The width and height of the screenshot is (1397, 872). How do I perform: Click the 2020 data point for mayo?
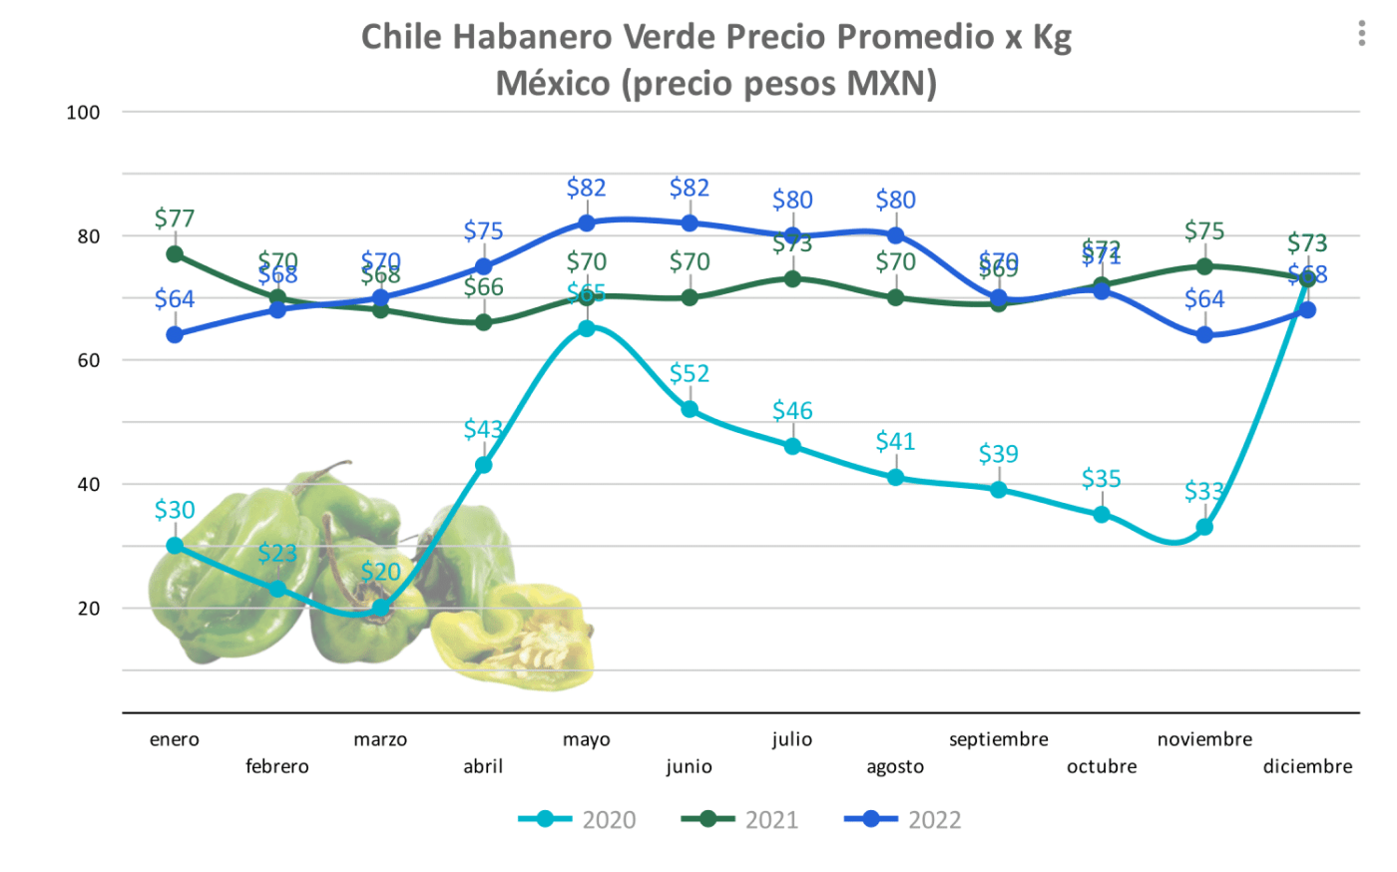[x=587, y=328]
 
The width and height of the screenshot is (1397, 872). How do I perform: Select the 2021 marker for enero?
[x=175, y=254]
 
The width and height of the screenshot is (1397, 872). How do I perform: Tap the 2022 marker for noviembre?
[x=1204, y=335]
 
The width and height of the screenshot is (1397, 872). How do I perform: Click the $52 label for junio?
[x=690, y=374]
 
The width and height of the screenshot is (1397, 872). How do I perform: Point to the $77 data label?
[x=175, y=218]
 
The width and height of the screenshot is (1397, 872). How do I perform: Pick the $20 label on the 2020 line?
[x=380, y=572]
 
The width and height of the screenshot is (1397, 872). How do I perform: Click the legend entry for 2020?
[x=578, y=820]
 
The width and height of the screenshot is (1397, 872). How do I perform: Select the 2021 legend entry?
[x=740, y=820]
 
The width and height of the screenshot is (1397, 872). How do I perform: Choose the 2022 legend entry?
[x=903, y=820]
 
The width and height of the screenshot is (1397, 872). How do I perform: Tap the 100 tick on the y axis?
[x=84, y=113]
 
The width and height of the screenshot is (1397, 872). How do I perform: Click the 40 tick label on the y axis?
[x=89, y=485]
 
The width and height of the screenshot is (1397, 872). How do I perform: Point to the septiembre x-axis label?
[x=998, y=739]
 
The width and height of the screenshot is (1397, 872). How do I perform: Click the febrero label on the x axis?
[x=277, y=766]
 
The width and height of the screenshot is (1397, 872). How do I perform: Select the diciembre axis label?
[x=1307, y=766]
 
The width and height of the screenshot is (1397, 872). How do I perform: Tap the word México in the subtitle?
[x=554, y=83]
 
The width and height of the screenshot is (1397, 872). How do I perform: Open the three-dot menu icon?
[x=1361, y=34]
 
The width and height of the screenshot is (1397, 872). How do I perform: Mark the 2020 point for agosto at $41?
[x=895, y=478]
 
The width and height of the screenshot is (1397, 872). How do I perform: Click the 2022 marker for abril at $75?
[x=484, y=266]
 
